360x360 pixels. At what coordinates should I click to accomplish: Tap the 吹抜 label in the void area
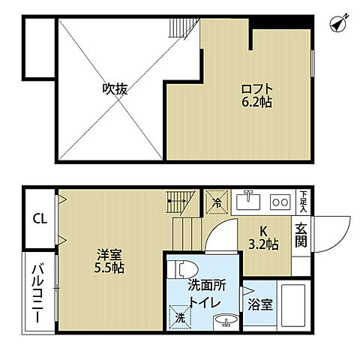pos(115,89)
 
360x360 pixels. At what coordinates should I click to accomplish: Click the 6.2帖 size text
pos(255,102)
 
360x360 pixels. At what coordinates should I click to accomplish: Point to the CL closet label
pos(37,220)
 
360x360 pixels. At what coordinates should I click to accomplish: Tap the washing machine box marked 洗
pos(181,316)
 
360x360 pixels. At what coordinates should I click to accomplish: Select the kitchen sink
pos(248,201)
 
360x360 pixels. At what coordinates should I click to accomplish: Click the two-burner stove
pos(280,202)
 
